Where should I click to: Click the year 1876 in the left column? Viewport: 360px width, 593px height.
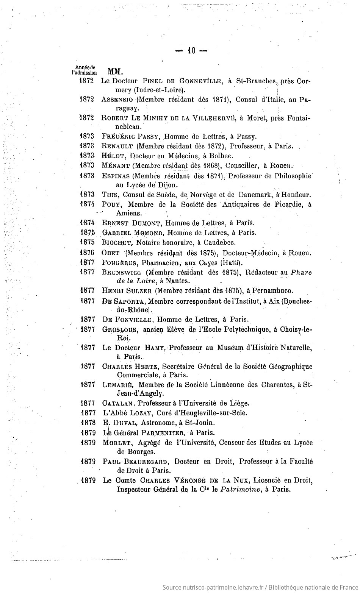pos(88,253)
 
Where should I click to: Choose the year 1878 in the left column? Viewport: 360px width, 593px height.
pos(88,423)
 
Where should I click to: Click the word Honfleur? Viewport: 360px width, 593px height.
pos(296,195)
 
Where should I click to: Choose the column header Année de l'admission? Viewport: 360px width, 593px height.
pos(85,70)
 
